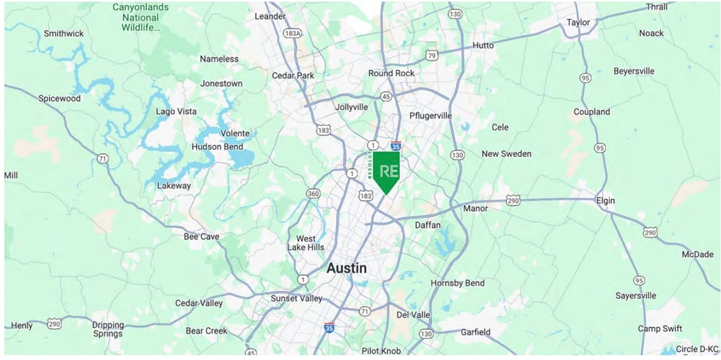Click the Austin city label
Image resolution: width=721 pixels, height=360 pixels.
347,268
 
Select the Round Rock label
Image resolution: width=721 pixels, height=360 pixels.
391,73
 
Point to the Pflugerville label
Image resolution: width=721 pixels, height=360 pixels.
430,116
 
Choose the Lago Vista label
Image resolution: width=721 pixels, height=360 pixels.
176,111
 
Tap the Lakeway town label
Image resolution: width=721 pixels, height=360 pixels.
174,185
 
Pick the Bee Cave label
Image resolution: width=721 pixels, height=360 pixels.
201,237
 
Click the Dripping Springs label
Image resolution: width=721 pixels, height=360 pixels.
108,328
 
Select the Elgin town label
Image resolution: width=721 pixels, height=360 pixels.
605,201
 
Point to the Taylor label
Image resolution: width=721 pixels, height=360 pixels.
578,23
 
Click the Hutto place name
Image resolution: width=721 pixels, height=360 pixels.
483,45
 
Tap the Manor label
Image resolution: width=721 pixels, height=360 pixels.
475,209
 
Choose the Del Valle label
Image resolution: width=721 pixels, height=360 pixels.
413,315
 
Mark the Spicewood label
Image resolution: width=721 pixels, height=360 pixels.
60,98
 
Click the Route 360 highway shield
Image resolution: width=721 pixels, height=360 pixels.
313,194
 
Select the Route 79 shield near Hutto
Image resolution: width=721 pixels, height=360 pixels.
432,55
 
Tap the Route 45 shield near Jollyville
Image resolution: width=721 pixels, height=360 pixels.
385,95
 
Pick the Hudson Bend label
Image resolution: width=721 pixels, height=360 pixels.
217,147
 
